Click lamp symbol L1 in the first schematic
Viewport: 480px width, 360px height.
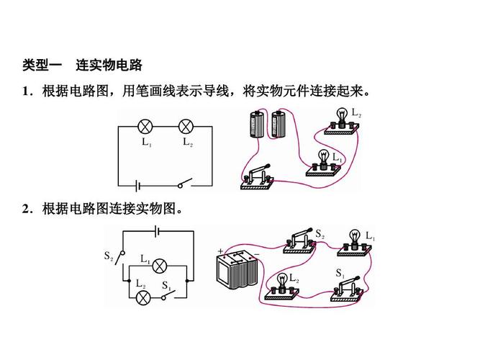click(x=145, y=127)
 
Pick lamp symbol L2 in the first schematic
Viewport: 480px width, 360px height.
click(x=186, y=127)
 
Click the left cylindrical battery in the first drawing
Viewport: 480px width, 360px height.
click(x=255, y=125)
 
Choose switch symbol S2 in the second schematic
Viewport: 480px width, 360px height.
click(x=122, y=256)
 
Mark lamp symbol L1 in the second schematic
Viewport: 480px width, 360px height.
click(x=162, y=263)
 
